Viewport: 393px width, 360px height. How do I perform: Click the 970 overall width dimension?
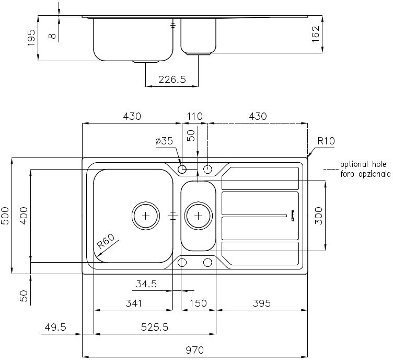(195, 350)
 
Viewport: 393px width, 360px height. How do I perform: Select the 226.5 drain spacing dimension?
(172, 80)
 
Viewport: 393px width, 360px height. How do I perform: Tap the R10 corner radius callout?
(326, 141)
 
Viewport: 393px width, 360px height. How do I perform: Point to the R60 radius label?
(106, 241)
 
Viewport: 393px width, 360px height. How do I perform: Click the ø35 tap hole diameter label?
(164, 141)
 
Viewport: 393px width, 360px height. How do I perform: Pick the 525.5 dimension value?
(155, 327)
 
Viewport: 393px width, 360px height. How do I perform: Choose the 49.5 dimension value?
(55, 327)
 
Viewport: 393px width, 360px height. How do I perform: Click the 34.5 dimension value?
(146, 284)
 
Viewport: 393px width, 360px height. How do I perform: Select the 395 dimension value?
(262, 303)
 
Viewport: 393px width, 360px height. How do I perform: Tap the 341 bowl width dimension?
(134, 303)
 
